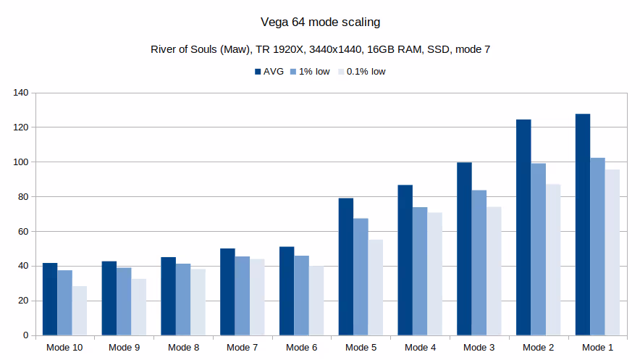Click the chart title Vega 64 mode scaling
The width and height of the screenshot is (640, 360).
point(320,22)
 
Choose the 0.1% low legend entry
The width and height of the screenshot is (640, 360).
point(361,72)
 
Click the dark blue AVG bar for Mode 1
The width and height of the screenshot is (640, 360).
point(583,225)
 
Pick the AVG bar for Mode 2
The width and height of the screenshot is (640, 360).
point(523,227)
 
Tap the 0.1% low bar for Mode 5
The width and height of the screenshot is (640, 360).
point(375,288)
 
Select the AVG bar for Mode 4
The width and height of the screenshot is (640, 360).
point(405,260)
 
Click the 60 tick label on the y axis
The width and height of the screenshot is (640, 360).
point(22,231)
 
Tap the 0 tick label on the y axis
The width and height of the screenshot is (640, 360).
point(25,335)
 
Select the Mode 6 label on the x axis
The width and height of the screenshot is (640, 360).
point(301,348)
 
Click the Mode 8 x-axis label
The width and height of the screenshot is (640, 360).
point(183,348)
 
